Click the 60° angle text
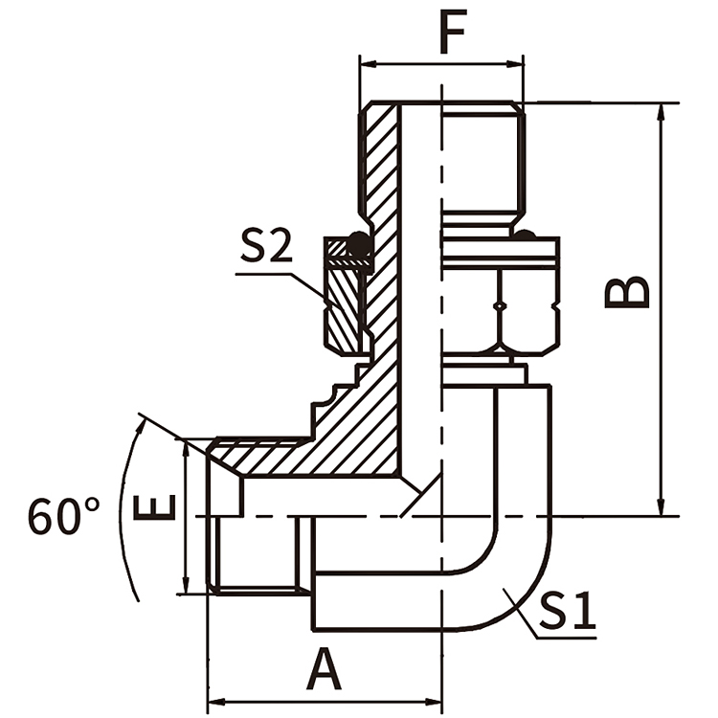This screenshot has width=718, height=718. pyautogui.click(x=63, y=517)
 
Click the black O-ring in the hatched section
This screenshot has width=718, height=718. pyautogui.click(x=359, y=246)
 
